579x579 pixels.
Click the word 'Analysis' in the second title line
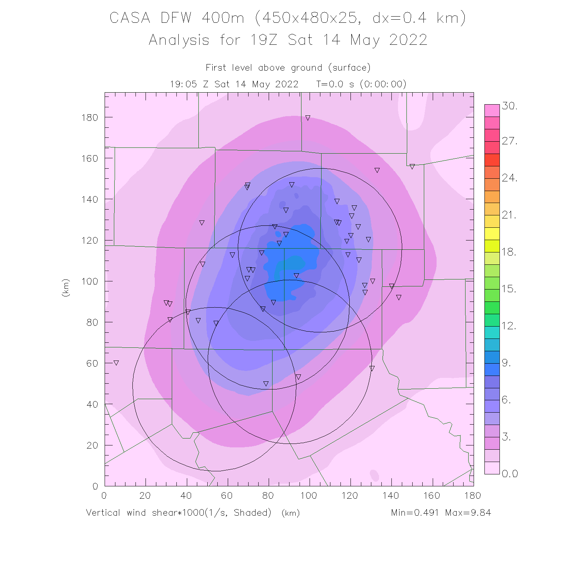(x=179, y=40)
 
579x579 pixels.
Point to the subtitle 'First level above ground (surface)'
(x=288, y=68)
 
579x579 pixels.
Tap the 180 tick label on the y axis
(x=90, y=117)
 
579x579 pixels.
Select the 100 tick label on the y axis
(x=90, y=281)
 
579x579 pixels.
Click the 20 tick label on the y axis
(x=92, y=445)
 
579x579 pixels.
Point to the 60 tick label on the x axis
(x=227, y=496)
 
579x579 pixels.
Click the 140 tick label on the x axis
(x=391, y=496)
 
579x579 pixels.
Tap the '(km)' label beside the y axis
(x=66, y=288)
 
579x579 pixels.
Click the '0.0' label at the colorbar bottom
(x=510, y=474)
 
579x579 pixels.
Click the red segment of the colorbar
(x=492, y=160)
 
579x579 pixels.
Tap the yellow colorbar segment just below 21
(x=492, y=222)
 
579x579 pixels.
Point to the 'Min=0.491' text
(x=415, y=513)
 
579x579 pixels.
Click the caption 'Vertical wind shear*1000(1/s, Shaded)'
(x=179, y=513)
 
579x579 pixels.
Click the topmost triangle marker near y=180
(x=308, y=118)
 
